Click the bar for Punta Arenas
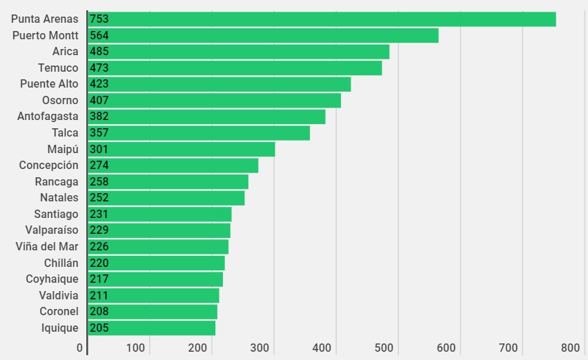click(322, 19)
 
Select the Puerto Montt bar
click(263, 35)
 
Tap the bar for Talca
click(199, 133)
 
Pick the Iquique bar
click(151, 328)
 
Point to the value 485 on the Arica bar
click(99, 52)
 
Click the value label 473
click(99, 68)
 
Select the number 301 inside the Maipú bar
click(99, 149)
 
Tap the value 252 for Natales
click(99, 198)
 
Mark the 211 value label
click(99, 296)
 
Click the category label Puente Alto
click(49, 84)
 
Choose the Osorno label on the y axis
click(60, 101)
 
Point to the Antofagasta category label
click(48, 117)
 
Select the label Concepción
click(48, 166)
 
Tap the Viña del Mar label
click(47, 247)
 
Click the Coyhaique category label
click(52, 279)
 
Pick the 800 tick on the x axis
click(571, 348)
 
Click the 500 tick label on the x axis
click(384, 348)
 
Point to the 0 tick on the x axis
click(80, 348)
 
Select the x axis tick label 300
click(259, 348)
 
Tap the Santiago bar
click(160, 214)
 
